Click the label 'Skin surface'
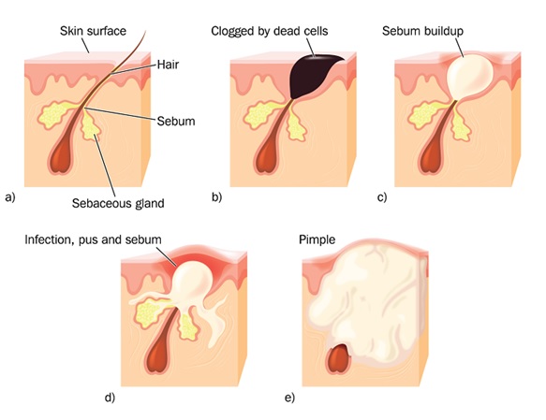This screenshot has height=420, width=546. [x=93, y=31]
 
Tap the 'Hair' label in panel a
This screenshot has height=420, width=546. [x=168, y=65]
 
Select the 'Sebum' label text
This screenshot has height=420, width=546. [x=176, y=122]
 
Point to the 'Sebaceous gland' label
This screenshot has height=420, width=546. [x=118, y=203]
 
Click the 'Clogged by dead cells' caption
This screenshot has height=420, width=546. [x=270, y=31]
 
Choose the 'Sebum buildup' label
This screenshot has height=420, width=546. [x=422, y=31]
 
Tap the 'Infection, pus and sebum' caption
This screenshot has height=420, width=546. [x=94, y=239]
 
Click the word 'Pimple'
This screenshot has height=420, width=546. [x=317, y=239]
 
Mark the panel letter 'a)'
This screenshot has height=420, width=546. [x=10, y=197]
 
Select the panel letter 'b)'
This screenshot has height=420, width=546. [x=216, y=197]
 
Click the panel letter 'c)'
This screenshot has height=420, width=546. [x=382, y=197]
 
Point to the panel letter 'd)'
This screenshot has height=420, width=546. [x=110, y=398]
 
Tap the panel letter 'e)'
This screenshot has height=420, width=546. [x=289, y=398]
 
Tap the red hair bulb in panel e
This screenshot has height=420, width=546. [x=339, y=359]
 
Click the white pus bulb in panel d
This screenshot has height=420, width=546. [x=193, y=279]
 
